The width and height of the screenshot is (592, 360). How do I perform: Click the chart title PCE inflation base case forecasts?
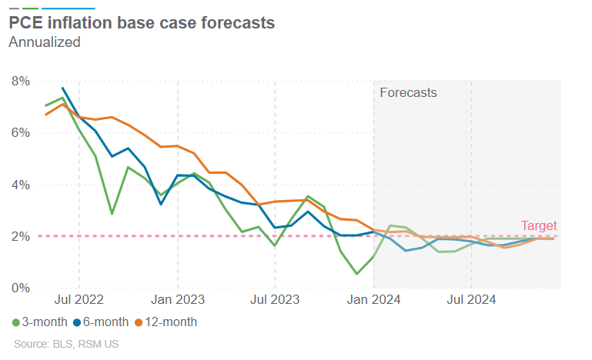(142, 23)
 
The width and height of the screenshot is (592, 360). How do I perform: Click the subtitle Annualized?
(44, 42)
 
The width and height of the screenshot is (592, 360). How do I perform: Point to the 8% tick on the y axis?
(20, 81)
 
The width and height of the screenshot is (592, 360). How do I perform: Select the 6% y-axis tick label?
(20, 132)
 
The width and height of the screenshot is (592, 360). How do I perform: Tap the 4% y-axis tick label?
(20, 185)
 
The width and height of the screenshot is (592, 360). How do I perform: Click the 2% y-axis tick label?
(20, 236)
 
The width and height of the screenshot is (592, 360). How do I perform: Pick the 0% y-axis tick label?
(20, 288)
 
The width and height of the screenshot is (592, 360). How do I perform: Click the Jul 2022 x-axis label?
(79, 299)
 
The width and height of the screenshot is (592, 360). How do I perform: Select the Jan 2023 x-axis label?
(177, 299)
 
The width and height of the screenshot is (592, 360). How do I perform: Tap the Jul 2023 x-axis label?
(275, 299)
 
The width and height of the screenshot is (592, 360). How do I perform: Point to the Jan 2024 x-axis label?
(373, 299)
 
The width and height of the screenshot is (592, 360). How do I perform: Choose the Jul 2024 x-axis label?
(471, 299)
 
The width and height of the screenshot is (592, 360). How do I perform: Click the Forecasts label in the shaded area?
(409, 92)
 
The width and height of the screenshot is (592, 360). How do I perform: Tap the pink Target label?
(539, 225)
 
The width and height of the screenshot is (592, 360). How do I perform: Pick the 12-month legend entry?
(166, 322)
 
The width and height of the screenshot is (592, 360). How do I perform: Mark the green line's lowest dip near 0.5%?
(357, 273)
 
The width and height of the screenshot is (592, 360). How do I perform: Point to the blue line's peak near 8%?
(62, 88)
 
